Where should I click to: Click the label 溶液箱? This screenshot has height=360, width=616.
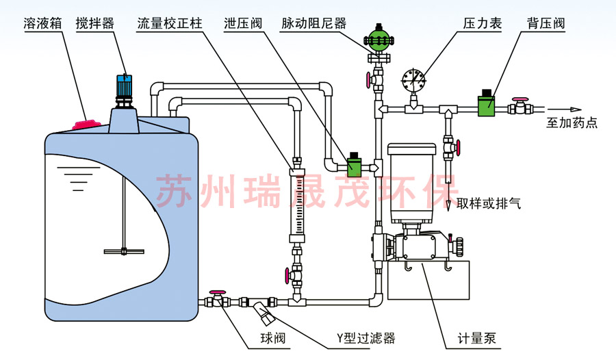click(42, 23)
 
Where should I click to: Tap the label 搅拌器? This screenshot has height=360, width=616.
click(95, 23)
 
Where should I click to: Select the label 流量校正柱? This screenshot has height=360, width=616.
click(168, 23)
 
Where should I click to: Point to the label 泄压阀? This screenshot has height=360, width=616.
click(243, 23)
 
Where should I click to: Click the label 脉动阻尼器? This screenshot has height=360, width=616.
click(313, 23)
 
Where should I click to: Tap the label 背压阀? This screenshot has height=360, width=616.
click(546, 23)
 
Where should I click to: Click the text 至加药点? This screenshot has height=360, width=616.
click(572, 124)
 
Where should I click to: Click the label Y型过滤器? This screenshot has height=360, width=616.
click(365, 338)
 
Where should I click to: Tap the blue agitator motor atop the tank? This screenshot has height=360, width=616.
click(125, 85)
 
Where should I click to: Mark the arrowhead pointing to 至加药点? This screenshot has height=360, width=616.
click(576, 109)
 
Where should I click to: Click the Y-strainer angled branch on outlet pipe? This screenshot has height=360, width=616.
click(262, 316)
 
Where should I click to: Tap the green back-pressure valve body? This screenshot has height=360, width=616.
click(487, 106)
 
